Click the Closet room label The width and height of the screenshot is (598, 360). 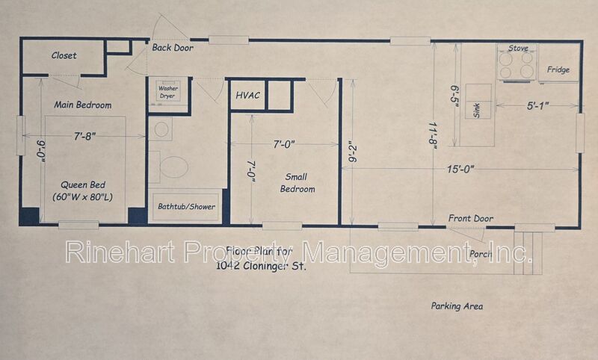click(x=64, y=55)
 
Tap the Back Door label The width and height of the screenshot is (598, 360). click(x=173, y=48)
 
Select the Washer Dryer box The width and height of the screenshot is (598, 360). click(x=168, y=92)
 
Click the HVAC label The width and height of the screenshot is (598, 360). click(x=248, y=96)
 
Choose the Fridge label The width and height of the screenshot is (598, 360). click(x=558, y=69)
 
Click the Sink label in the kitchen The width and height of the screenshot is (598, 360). click(x=476, y=110)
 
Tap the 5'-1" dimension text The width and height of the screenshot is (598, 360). click(x=537, y=105)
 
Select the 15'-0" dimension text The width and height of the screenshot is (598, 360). click(x=460, y=169)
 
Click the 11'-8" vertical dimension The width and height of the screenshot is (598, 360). click(x=433, y=136)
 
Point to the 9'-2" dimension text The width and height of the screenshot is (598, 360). click(x=352, y=152)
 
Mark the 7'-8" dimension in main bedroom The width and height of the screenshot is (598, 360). click(x=84, y=136)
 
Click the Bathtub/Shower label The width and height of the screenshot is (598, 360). click(x=186, y=206)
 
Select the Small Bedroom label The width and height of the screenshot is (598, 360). click(x=297, y=183)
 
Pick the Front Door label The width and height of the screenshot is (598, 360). click(x=471, y=219)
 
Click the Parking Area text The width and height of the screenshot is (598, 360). click(x=457, y=306)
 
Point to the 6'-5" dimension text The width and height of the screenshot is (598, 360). click(x=454, y=96)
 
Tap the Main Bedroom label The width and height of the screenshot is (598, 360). click(x=83, y=105)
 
